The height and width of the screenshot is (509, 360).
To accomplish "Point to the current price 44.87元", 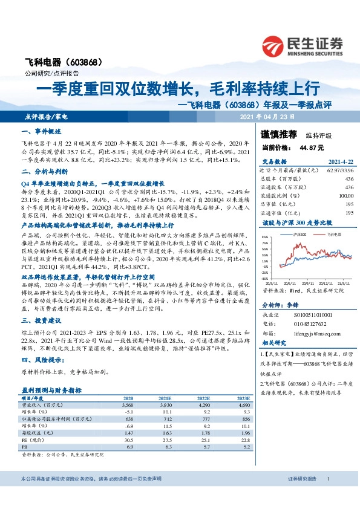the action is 309,147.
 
